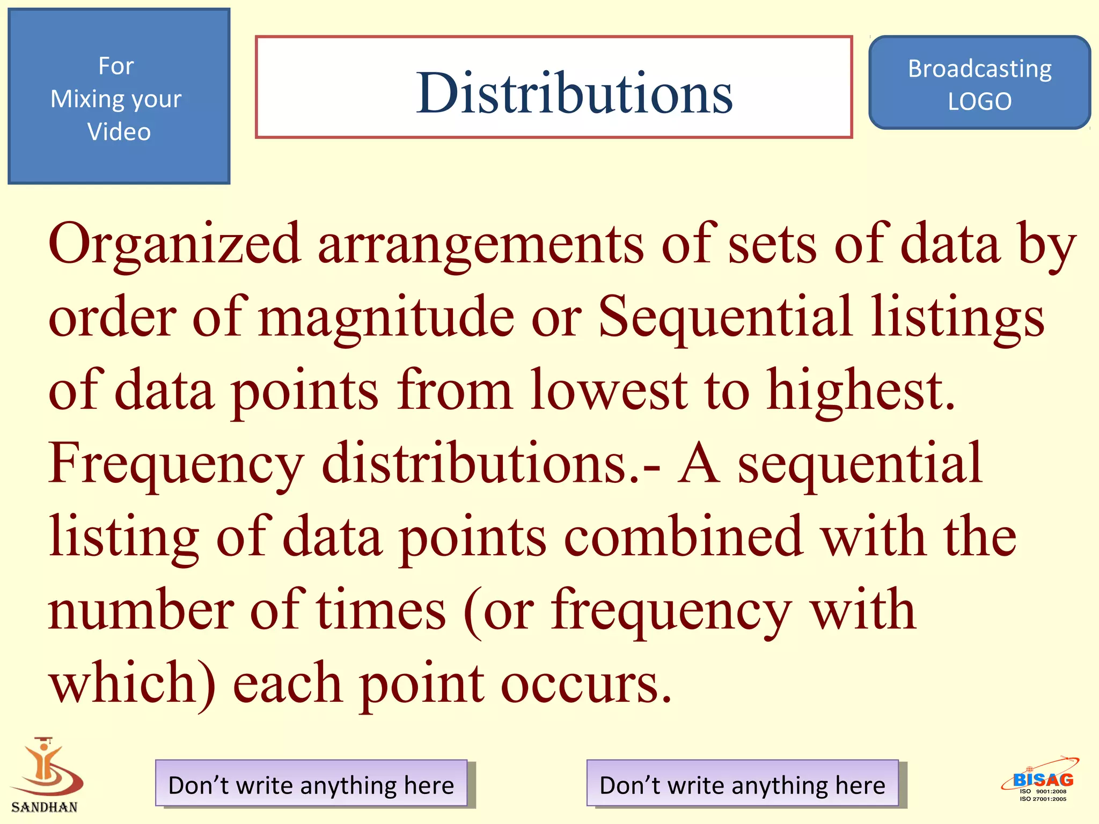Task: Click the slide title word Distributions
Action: coord(574,93)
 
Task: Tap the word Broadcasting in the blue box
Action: coord(979,69)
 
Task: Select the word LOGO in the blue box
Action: coord(979,101)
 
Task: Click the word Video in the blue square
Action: coord(119,132)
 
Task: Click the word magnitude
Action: coord(386,318)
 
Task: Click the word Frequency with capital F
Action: coord(176,464)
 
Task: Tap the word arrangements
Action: coord(480,245)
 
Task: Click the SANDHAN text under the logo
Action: coord(44,807)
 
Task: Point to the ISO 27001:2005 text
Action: coord(1043,799)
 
